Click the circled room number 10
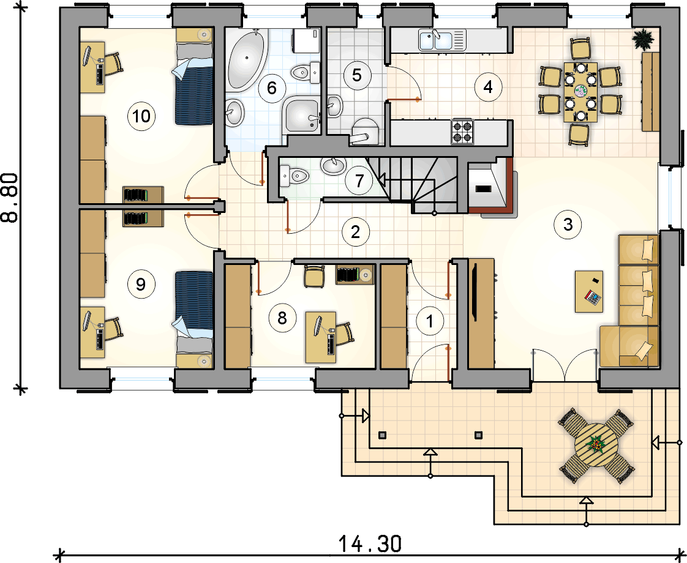point(141,116)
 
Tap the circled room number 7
point(359,181)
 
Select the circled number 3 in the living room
point(568,225)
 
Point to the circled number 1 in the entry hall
point(430,321)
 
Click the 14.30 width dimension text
point(370,544)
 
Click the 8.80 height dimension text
point(10,198)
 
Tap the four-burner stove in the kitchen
point(463,132)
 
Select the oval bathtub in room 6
point(247,60)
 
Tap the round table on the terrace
point(596,446)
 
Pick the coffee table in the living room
point(589,291)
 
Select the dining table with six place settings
point(580,92)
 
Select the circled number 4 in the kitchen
point(487,87)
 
